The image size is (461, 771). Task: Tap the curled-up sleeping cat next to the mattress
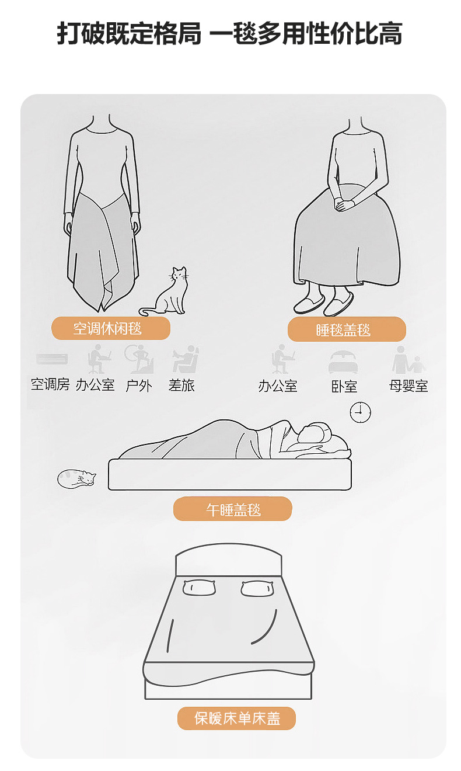tap(76, 478)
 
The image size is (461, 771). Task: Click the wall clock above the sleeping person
tap(360, 412)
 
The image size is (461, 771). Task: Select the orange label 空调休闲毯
tap(111, 328)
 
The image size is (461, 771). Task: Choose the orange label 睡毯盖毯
tap(347, 329)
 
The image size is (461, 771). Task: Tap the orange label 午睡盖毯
tap(233, 509)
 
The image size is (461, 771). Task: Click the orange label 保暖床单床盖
tap(236, 718)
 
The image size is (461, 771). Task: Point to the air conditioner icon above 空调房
tap(52, 359)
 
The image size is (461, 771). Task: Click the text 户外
tap(138, 385)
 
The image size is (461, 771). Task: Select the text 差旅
tap(181, 385)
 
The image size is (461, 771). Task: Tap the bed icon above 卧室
tap(343, 362)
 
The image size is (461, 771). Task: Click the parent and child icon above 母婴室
tap(408, 360)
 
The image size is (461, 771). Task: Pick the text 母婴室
tap(408, 386)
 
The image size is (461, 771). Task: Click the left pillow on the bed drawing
tap(199, 587)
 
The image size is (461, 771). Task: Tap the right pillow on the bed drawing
tap(257, 588)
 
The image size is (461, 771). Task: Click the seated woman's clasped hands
tap(344, 204)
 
